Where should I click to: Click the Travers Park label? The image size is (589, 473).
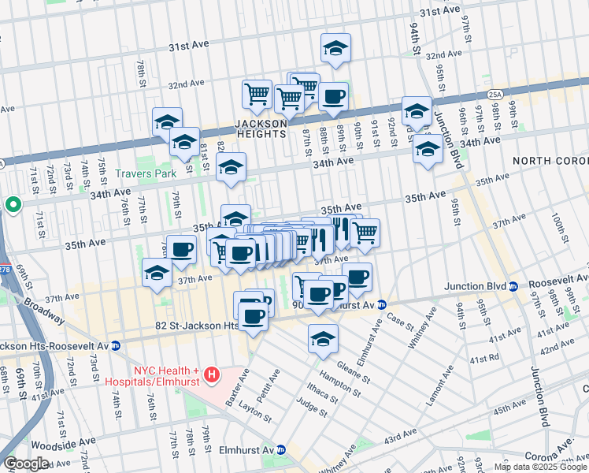click(139, 173)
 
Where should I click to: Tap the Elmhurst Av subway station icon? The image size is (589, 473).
click(280, 449)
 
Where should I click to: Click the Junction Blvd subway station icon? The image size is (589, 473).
click(513, 286)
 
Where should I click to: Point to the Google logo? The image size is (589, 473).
click(26, 464)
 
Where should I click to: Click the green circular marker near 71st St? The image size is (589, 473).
click(13, 205)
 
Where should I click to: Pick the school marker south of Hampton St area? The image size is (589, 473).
click(323, 339)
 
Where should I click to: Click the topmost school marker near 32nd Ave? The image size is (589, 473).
click(335, 49)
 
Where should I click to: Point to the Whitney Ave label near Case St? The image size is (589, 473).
click(421, 332)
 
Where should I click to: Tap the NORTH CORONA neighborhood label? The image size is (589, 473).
click(549, 161)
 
